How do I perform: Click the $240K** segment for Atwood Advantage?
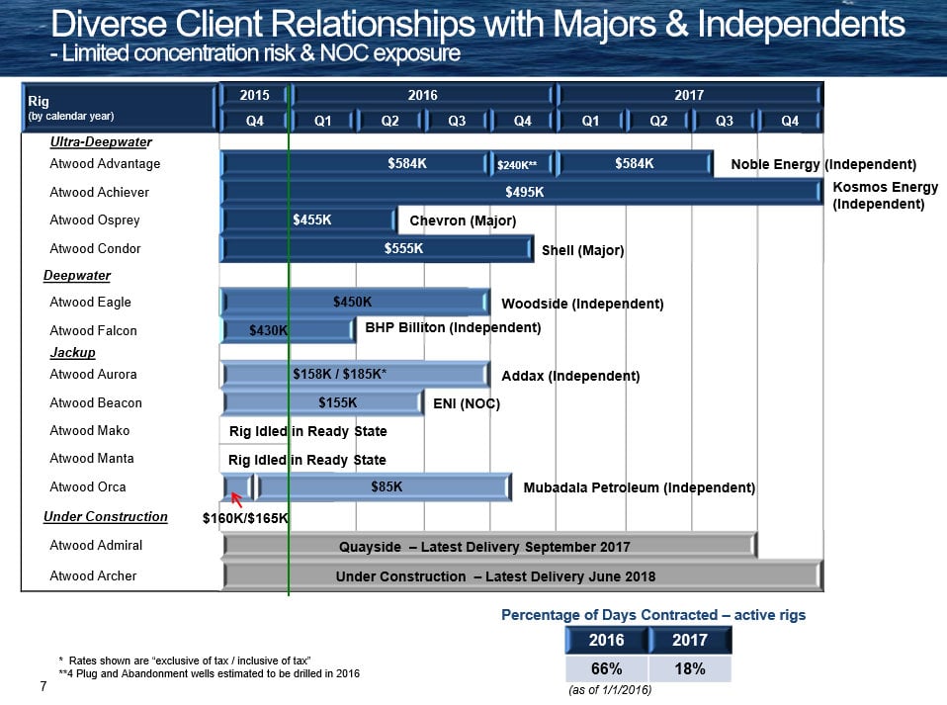point(523,164)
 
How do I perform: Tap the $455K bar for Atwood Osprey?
point(310,220)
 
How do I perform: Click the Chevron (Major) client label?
point(463,220)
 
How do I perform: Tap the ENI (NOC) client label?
point(467,403)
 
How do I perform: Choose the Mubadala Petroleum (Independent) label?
point(639,487)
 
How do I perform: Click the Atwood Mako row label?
point(90,430)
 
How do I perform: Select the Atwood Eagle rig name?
point(90,302)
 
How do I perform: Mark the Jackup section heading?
point(73,352)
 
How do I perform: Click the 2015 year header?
point(254,95)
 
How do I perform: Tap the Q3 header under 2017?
point(724,122)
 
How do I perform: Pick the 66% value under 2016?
point(606,668)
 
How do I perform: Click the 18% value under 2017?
point(689,668)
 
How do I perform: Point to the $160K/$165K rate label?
point(245,517)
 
